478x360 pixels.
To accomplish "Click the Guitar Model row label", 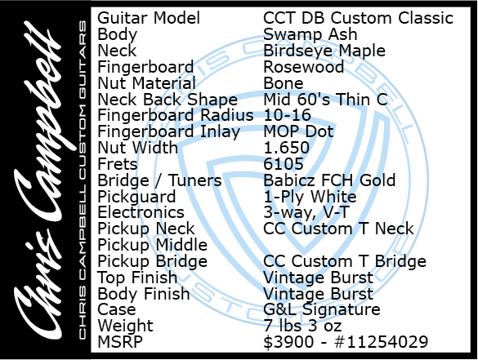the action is pos(149,18).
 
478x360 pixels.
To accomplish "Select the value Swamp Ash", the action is pos(310,34).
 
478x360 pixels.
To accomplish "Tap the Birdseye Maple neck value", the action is pos(324,51).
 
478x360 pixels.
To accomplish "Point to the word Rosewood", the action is pos(304,67).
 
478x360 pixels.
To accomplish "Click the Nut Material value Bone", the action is pos(284,83).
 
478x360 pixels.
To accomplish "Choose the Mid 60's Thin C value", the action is pos(325,100).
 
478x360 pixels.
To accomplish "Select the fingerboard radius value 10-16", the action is pos(287,115).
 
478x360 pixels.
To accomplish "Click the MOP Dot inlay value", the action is pos(298,131).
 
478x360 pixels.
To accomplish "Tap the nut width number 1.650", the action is pos(287,148).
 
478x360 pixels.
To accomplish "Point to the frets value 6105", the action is pos(284,164).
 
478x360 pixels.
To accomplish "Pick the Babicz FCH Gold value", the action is pos(329,180).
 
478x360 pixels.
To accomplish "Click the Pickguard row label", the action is pos(136,197).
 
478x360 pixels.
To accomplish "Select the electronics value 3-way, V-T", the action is pos(306,212).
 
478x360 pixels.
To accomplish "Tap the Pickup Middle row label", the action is pos(153,245).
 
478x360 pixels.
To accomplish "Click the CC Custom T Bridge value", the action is pos(345,261).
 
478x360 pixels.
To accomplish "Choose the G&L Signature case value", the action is pos(322,309).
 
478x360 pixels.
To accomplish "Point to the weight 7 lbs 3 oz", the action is pos(302,326).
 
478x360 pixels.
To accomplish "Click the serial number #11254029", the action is pos(381,342).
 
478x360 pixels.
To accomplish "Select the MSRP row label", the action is pos(120,342).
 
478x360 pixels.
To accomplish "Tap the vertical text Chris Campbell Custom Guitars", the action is pos(83,180).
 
